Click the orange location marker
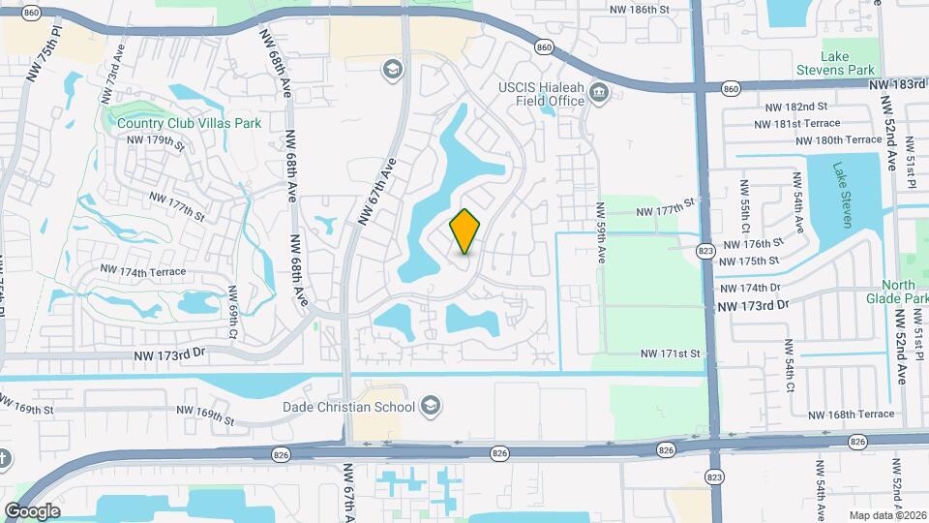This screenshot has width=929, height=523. (465, 231)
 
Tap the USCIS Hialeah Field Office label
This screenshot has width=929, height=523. (541, 93)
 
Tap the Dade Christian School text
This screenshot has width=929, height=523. (348, 408)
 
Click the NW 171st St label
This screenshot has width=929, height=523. (669, 354)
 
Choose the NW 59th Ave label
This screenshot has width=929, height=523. (601, 235)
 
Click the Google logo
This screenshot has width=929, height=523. (31, 510)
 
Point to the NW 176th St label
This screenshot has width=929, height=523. (751, 244)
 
